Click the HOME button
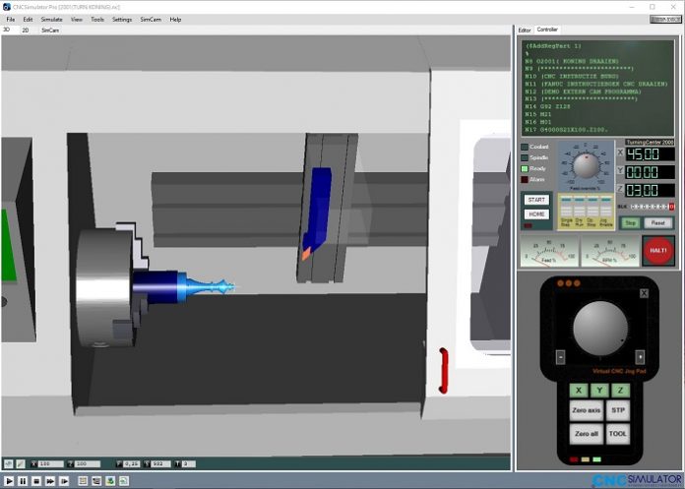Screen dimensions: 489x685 click(536, 214)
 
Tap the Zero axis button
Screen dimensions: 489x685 click(586, 410)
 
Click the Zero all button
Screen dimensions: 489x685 click(586, 434)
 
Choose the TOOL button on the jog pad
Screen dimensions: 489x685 click(618, 434)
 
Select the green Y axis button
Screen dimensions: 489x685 click(600, 390)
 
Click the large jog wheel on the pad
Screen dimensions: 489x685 click(599, 325)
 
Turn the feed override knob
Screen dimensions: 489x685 click(585, 164)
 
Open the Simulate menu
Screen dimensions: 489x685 click(51, 19)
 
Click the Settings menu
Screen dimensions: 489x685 click(122, 19)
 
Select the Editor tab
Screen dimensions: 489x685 click(525, 31)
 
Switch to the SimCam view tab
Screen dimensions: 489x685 click(49, 31)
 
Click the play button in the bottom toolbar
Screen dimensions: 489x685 click(9, 481)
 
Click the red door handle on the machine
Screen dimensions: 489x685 click(444, 366)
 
